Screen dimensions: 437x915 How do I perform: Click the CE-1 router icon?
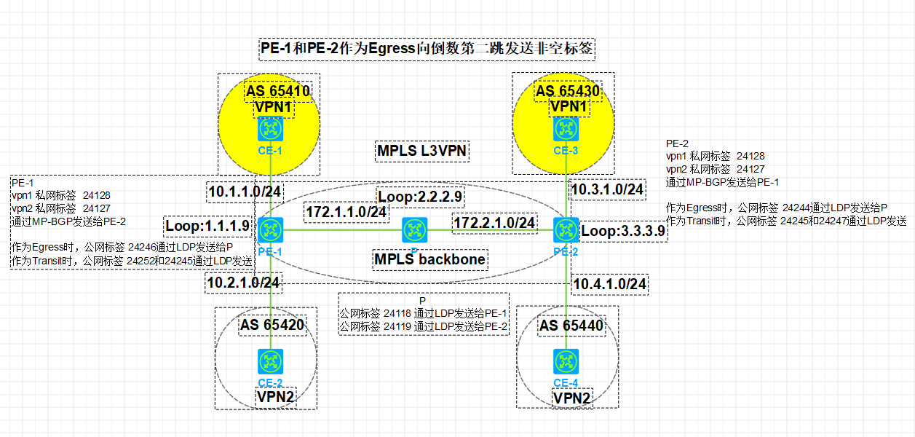pyautogui.click(x=271, y=129)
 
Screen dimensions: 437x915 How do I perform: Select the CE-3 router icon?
pyautogui.click(x=566, y=129)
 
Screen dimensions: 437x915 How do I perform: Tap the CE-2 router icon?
pyautogui.click(x=271, y=361)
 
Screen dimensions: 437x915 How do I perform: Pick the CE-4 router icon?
pyautogui.click(x=566, y=361)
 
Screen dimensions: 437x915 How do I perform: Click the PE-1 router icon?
pyautogui.click(x=271, y=230)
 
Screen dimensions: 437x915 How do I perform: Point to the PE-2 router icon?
pyautogui.click(x=566, y=230)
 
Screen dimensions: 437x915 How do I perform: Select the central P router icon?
pyautogui.click(x=415, y=230)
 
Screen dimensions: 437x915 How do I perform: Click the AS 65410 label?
pyautogui.click(x=277, y=92)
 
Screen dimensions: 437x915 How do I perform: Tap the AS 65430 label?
pyautogui.click(x=568, y=92)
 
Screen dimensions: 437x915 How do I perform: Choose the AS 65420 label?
pyautogui.click(x=272, y=325)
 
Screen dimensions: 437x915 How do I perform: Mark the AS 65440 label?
pyautogui.click(x=571, y=326)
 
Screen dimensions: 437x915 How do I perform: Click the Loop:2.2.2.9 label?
pyautogui.click(x=420, y=197)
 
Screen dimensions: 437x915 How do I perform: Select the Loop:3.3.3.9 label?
pyautogui.click(x=624, y=232)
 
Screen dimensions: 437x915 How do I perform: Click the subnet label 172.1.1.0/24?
pyautogui.click(x=346, y=212)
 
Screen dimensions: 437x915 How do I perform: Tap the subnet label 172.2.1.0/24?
pyautogui.click(x=494, y=221)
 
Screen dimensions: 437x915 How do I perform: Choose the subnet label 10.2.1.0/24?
pyautogui.click(x=244, y=282)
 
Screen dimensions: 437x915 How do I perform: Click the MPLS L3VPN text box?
pyautogui.click(x=421, y=151)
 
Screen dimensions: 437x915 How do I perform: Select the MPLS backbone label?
pyautogui.click(x=429, y=259)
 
